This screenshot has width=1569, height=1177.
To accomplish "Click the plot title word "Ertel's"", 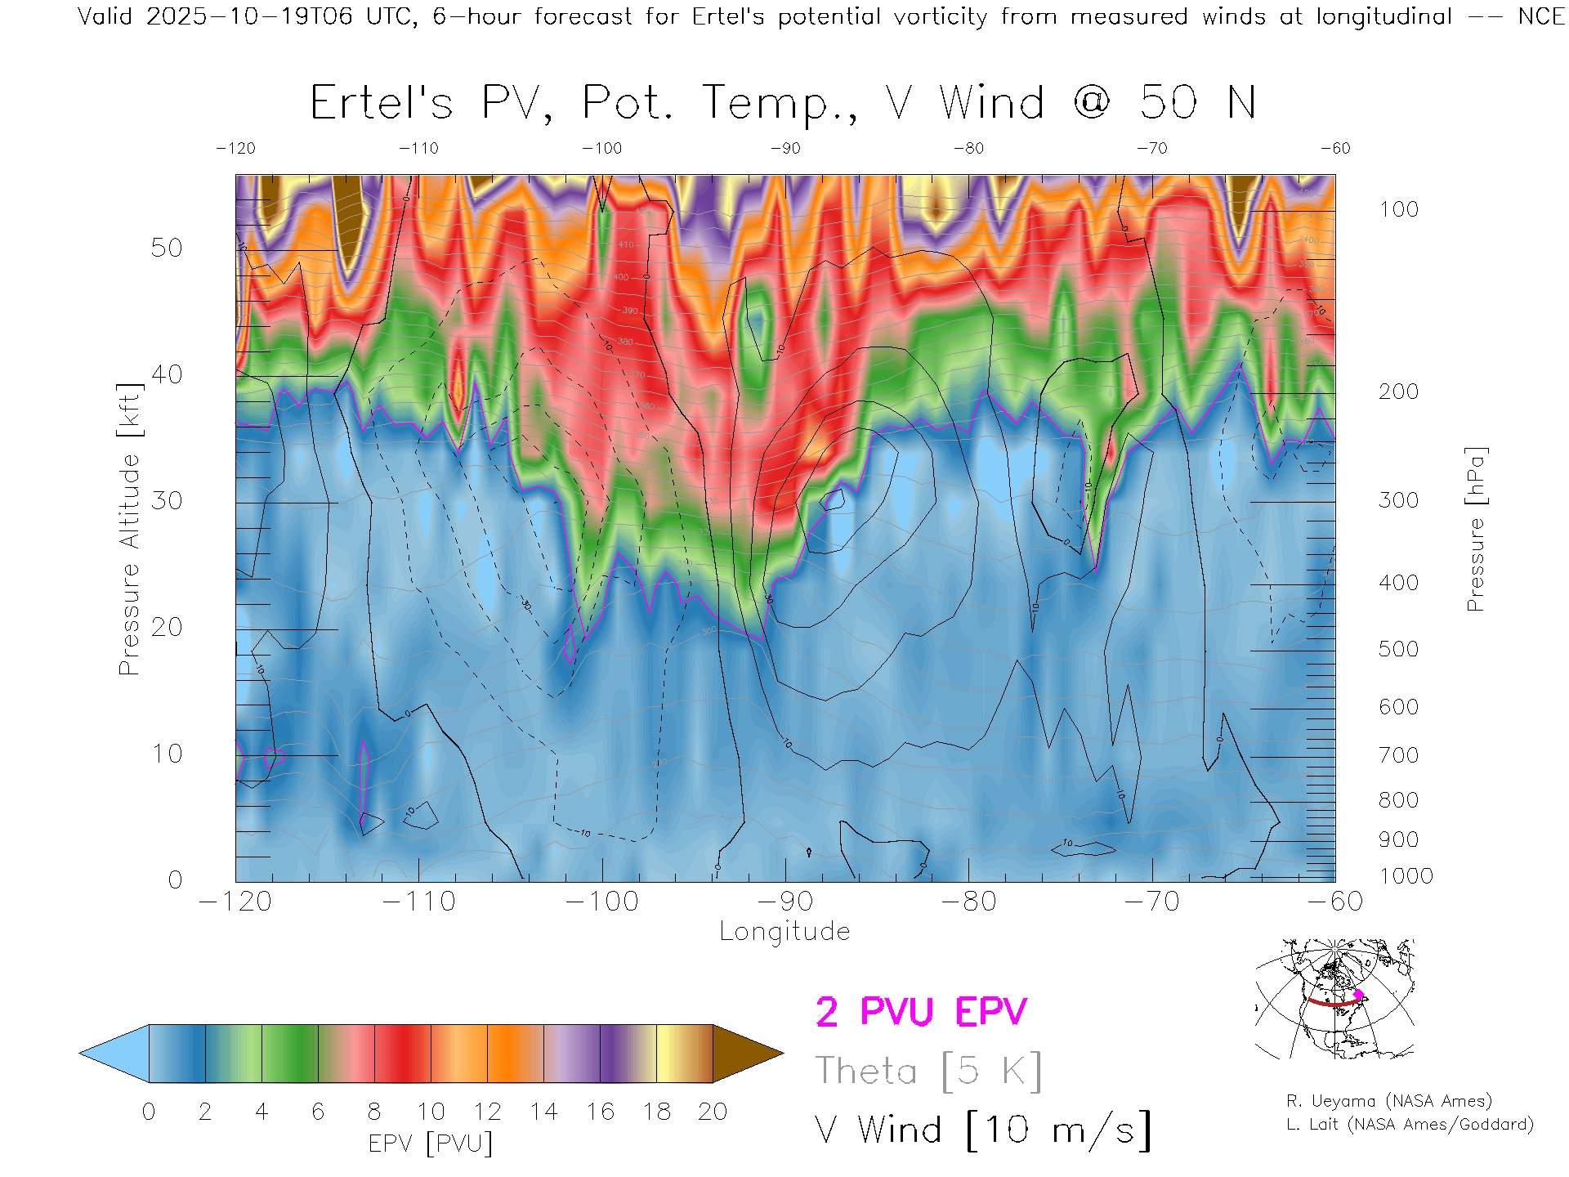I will pos(381,103).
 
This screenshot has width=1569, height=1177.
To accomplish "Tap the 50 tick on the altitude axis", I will pos(166,248).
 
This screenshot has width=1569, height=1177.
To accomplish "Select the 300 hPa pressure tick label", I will pos(1398,500).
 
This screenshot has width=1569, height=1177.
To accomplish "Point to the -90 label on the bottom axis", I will pos(785,902).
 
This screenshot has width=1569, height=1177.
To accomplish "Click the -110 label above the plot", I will pos(418,149).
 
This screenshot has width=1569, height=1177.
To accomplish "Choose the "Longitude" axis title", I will pos(784,932).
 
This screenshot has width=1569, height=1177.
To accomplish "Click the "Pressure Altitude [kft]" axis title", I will pos(129,529).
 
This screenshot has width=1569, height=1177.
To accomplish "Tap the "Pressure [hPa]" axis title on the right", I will pos(1475,529).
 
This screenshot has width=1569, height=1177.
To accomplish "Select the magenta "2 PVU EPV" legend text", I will pos(921,1012).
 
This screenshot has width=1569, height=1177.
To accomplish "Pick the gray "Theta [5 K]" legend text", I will pos(928,1071).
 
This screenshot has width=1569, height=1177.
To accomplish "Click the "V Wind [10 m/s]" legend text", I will pos(983,1130).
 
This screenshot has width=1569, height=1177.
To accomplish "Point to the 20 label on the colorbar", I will pos(713,1112).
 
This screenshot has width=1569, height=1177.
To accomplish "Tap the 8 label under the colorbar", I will pos(374,1112).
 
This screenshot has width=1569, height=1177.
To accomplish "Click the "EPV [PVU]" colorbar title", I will pos(431,1143).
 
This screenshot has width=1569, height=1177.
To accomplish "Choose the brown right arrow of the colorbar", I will pos(745,1054).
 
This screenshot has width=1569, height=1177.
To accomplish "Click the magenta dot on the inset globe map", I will pos(1358,995).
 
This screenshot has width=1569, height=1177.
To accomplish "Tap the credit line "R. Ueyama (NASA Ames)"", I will pos(1389,1101).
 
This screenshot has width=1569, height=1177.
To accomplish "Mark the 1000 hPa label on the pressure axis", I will pos(1406,876).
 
